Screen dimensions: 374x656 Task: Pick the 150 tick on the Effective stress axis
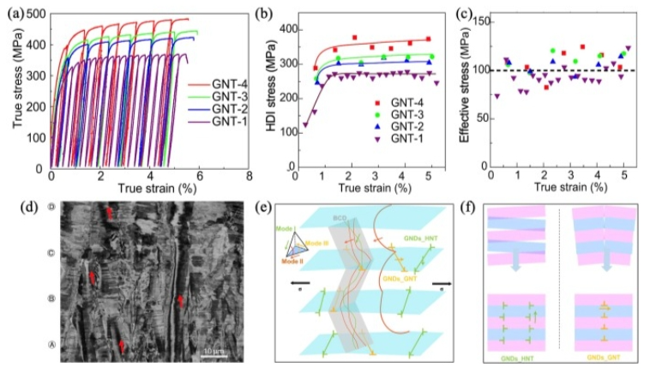tap(468, 21)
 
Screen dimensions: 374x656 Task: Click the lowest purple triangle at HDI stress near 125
tap(304, 125)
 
